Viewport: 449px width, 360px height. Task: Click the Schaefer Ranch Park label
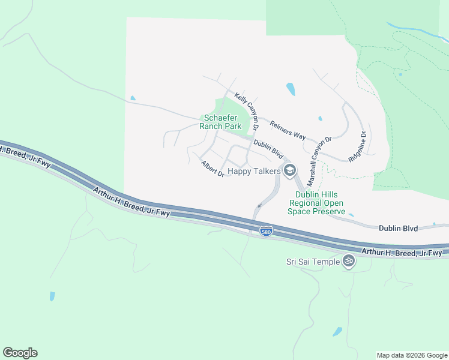click(x=223, y=122)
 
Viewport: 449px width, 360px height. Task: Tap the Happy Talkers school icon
click(x=290, y=171)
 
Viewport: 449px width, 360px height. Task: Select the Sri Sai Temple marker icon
click(x=348, y=261)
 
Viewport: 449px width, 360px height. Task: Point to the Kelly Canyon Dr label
click(x=247, y=111)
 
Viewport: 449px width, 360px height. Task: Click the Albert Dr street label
click(x=212, y=169)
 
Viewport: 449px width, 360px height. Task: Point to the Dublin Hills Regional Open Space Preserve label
click(x=320, y=203)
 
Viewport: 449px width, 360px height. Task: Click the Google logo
click(x=20, y=353)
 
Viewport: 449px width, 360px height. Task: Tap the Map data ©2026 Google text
click(x=411, y=355)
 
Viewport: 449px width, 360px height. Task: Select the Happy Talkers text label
click(x=254, y=172)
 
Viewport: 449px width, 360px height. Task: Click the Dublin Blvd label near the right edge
click(x=399, y=228)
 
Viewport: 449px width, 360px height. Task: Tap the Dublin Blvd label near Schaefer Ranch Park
click(x=268, y=148)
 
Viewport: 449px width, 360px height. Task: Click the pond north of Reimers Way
click(x=291, y=89)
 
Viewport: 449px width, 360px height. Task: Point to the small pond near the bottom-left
click(x=52, y=296)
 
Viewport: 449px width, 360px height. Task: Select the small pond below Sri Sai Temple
click(x=337, y=331)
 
